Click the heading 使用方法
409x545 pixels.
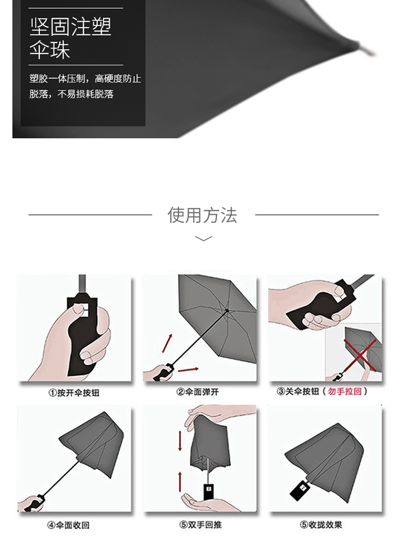coord(203,215)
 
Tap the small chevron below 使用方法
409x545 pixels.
coord(203,239)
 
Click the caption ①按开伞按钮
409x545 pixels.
coord(74,392)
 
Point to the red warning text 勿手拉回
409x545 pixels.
coord(341,392)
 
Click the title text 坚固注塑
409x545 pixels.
coord(70,27)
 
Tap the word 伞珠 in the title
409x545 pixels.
coord(50,51)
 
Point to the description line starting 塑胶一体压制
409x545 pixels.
coord(85,78)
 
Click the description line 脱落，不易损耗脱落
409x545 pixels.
coord(71,94)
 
